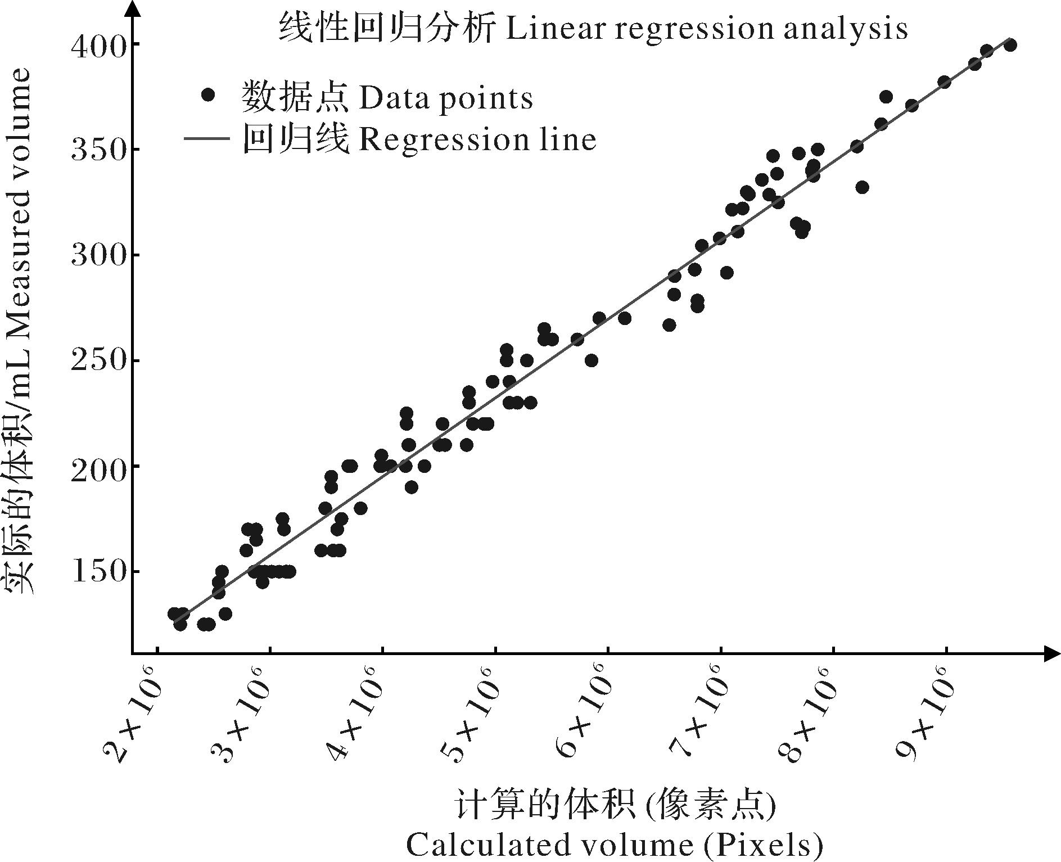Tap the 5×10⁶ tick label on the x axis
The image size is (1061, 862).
tap(469, 714)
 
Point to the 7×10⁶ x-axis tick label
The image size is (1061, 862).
tap(694, 714)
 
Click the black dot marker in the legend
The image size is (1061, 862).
tap(209, 95)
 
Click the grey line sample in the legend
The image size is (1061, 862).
tap(207, 138)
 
